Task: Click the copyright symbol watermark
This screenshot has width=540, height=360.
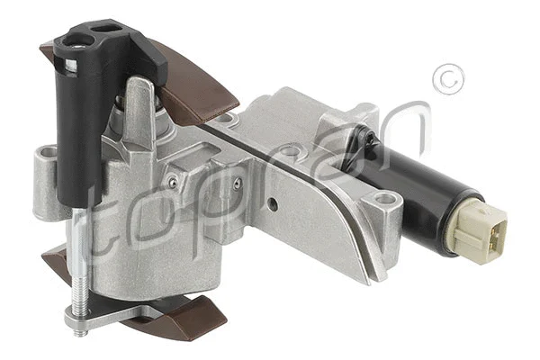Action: point(447,78)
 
